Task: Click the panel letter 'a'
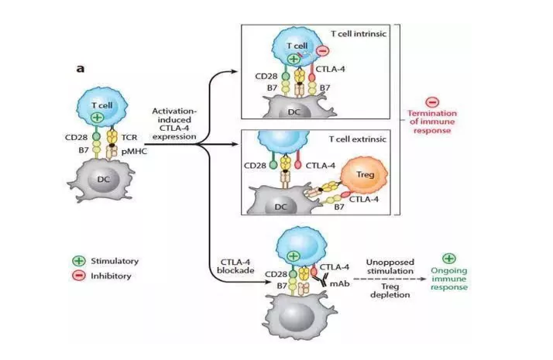79,68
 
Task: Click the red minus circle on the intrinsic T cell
322,51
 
